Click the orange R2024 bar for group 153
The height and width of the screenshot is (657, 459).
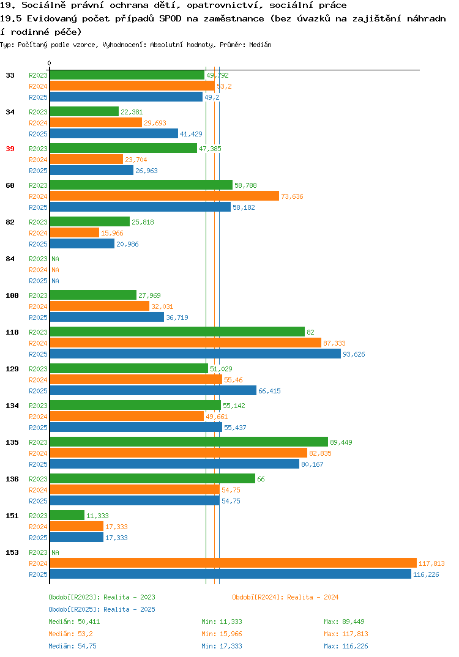point(233,563)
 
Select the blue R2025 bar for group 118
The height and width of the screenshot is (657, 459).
point(195,354)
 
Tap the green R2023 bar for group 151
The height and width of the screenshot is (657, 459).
point(67,515)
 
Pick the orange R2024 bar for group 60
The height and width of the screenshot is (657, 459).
point(164,196)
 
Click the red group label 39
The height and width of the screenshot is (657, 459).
point(10,149)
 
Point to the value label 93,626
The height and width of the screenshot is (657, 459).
point(354,354)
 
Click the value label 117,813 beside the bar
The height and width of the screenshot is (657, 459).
point(431,563)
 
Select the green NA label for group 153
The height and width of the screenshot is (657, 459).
point(55,552)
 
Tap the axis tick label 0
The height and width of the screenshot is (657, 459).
point(49,63)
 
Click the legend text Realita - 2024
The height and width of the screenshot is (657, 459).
point(313,597)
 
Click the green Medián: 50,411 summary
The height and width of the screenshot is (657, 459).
point(74,622)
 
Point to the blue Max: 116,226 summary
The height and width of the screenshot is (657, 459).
point(346,646)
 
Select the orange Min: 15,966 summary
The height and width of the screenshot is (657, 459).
point(222,634)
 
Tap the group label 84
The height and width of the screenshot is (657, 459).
point(10,259)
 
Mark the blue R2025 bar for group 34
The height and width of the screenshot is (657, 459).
point(114,133)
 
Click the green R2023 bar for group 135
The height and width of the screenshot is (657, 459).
point(188,442)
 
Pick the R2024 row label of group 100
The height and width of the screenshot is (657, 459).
point(38,306)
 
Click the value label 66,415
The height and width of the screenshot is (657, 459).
point(269,391)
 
